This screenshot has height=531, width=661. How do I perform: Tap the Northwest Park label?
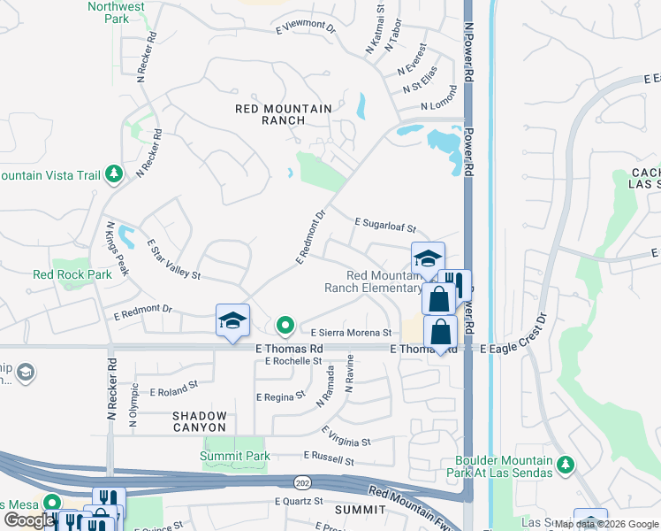(116, 12)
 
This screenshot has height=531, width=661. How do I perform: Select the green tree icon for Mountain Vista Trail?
(113, 174)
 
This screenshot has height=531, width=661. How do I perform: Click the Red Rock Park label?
(72, 274)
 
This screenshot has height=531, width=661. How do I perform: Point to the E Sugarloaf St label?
(384, 225)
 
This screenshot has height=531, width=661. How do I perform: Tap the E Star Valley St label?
(173, 258)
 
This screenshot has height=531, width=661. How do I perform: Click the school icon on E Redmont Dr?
(232, 319)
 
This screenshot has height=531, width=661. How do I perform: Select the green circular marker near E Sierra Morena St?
(285, 327)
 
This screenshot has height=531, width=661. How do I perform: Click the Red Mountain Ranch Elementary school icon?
(428, 258)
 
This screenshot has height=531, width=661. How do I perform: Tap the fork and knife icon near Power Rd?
(455, 284)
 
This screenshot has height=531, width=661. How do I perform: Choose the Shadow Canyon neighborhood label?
(200, 421)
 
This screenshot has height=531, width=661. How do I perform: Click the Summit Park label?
(234, 457)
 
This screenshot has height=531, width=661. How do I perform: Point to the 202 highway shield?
(300, 481)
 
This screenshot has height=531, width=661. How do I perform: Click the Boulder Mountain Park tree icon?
(566, 464)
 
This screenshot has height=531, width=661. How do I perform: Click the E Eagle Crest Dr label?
(515, 350)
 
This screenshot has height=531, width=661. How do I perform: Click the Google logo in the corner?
(28, 520)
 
